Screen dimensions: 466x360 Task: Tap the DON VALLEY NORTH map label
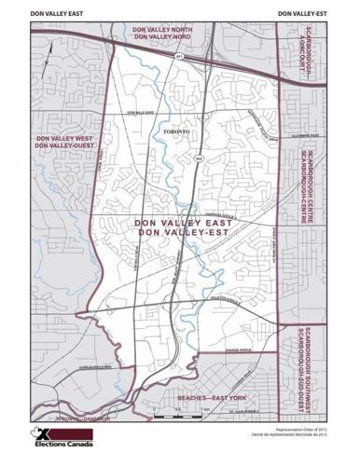pyautogui.click(x=163, y=30)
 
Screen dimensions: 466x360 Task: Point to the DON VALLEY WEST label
pyautogui.click(x=62, y=138)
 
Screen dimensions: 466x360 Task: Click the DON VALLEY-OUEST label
pyautogui.click(x=62, y=145)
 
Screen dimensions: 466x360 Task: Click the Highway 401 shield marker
pyautogui.click(x=179, y=57)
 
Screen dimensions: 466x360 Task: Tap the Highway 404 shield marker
pyautogui.click(x=198, y=160)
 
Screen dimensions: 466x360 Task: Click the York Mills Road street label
pyautogui.click(x=139, y=109)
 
